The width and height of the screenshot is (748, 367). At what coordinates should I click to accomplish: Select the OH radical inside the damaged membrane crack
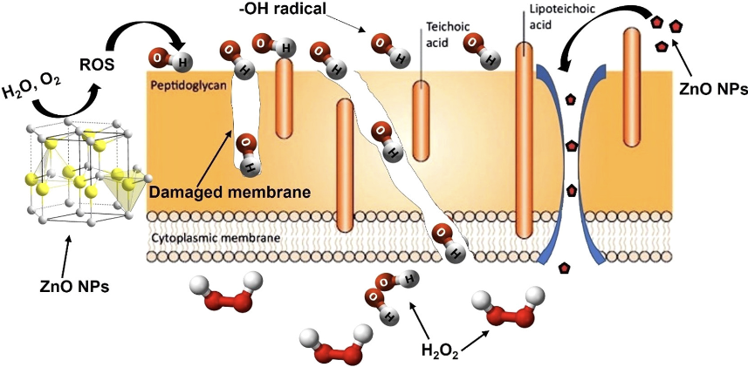[247, 151]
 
